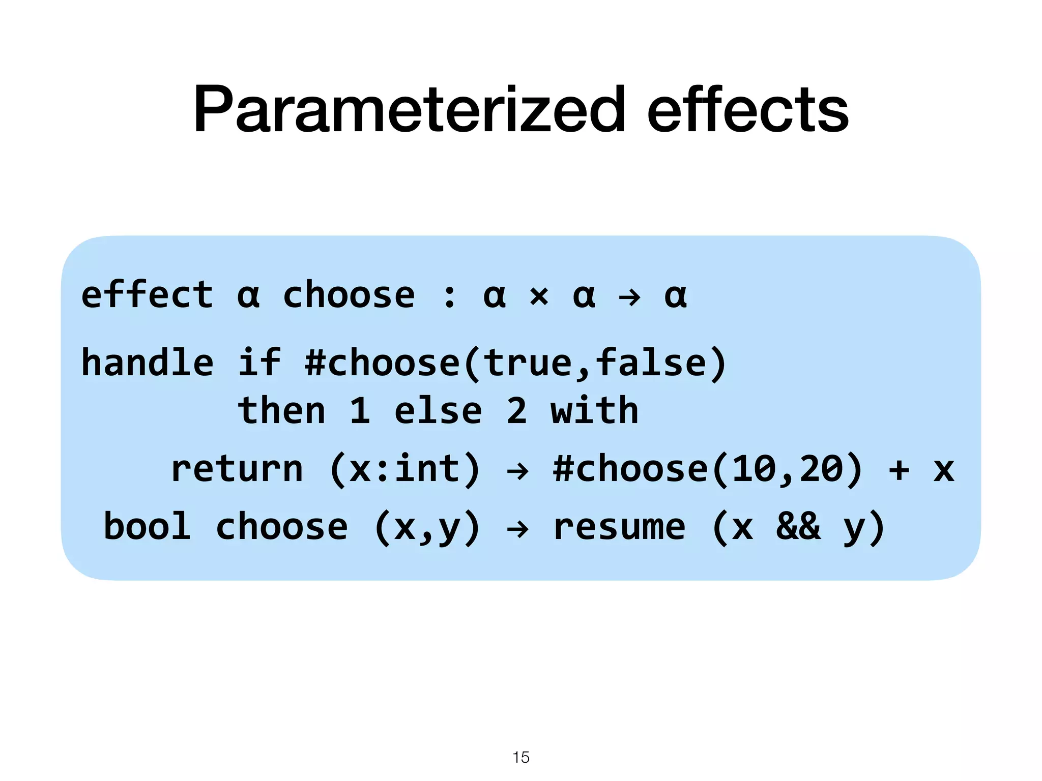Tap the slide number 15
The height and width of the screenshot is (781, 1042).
pyautogui.click(x=521, y=757)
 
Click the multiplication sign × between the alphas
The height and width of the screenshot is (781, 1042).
pyautogui.click(x=539, y=296)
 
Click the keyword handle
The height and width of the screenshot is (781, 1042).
pyautogui.click(x=147, y=363)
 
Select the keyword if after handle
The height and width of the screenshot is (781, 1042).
pyautogui.click(x=259, y=363)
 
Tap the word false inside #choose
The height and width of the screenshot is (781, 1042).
pyautogui.click(x=651, y=363)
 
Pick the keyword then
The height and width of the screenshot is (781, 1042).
pyautogui.click(x=281, y=410)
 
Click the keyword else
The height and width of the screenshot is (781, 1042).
pyautogui.click(x=438, y=411)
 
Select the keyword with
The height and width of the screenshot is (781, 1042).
pyautogui.click(x=594, y=410)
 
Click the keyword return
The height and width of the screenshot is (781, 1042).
pyautogui.click(x=237, y=469)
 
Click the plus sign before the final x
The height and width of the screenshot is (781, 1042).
pyautogui.click(x=899, y=469)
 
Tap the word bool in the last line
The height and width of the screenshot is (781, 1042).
pyautogui.click(x=147, y=526)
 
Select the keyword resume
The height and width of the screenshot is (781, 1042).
pyautogui.click(x=619, y=527)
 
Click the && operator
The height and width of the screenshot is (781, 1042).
pyautogui.click(x=798, y=526)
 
